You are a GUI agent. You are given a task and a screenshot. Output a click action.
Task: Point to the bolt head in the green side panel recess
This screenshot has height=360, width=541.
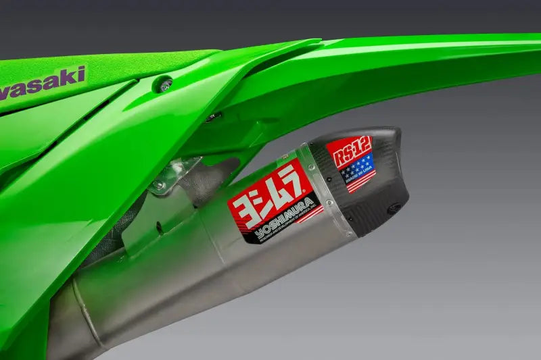point(163,84)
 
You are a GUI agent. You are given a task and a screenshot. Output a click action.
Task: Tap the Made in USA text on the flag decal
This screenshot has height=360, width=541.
point(360,177)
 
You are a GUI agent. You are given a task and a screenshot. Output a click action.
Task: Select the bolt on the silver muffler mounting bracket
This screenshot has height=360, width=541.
point(159,184)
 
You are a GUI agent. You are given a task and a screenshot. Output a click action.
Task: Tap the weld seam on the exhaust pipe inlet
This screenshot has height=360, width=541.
point(88,317)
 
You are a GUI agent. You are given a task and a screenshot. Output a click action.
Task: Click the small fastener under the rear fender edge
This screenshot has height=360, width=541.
point(212,117)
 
